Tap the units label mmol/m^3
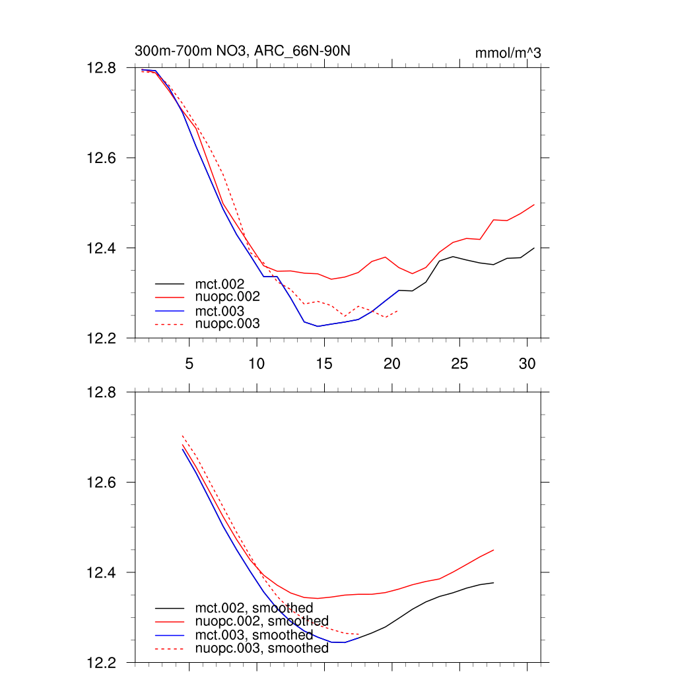click(508, 53)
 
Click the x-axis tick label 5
click(189, 363)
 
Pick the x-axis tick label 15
click(324, 363)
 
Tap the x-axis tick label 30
click(527, 363)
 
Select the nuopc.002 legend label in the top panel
click(227, 297)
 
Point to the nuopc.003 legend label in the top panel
click(227, 323)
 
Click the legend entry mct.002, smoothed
click(253, 608)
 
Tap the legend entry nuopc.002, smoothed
click(261, 621)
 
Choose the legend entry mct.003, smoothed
click(253, 635)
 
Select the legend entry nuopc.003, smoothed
click(261, 648)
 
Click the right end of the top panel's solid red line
click(534, 205)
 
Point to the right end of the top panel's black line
click(534, 248)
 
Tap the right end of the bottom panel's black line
click(494, 582)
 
